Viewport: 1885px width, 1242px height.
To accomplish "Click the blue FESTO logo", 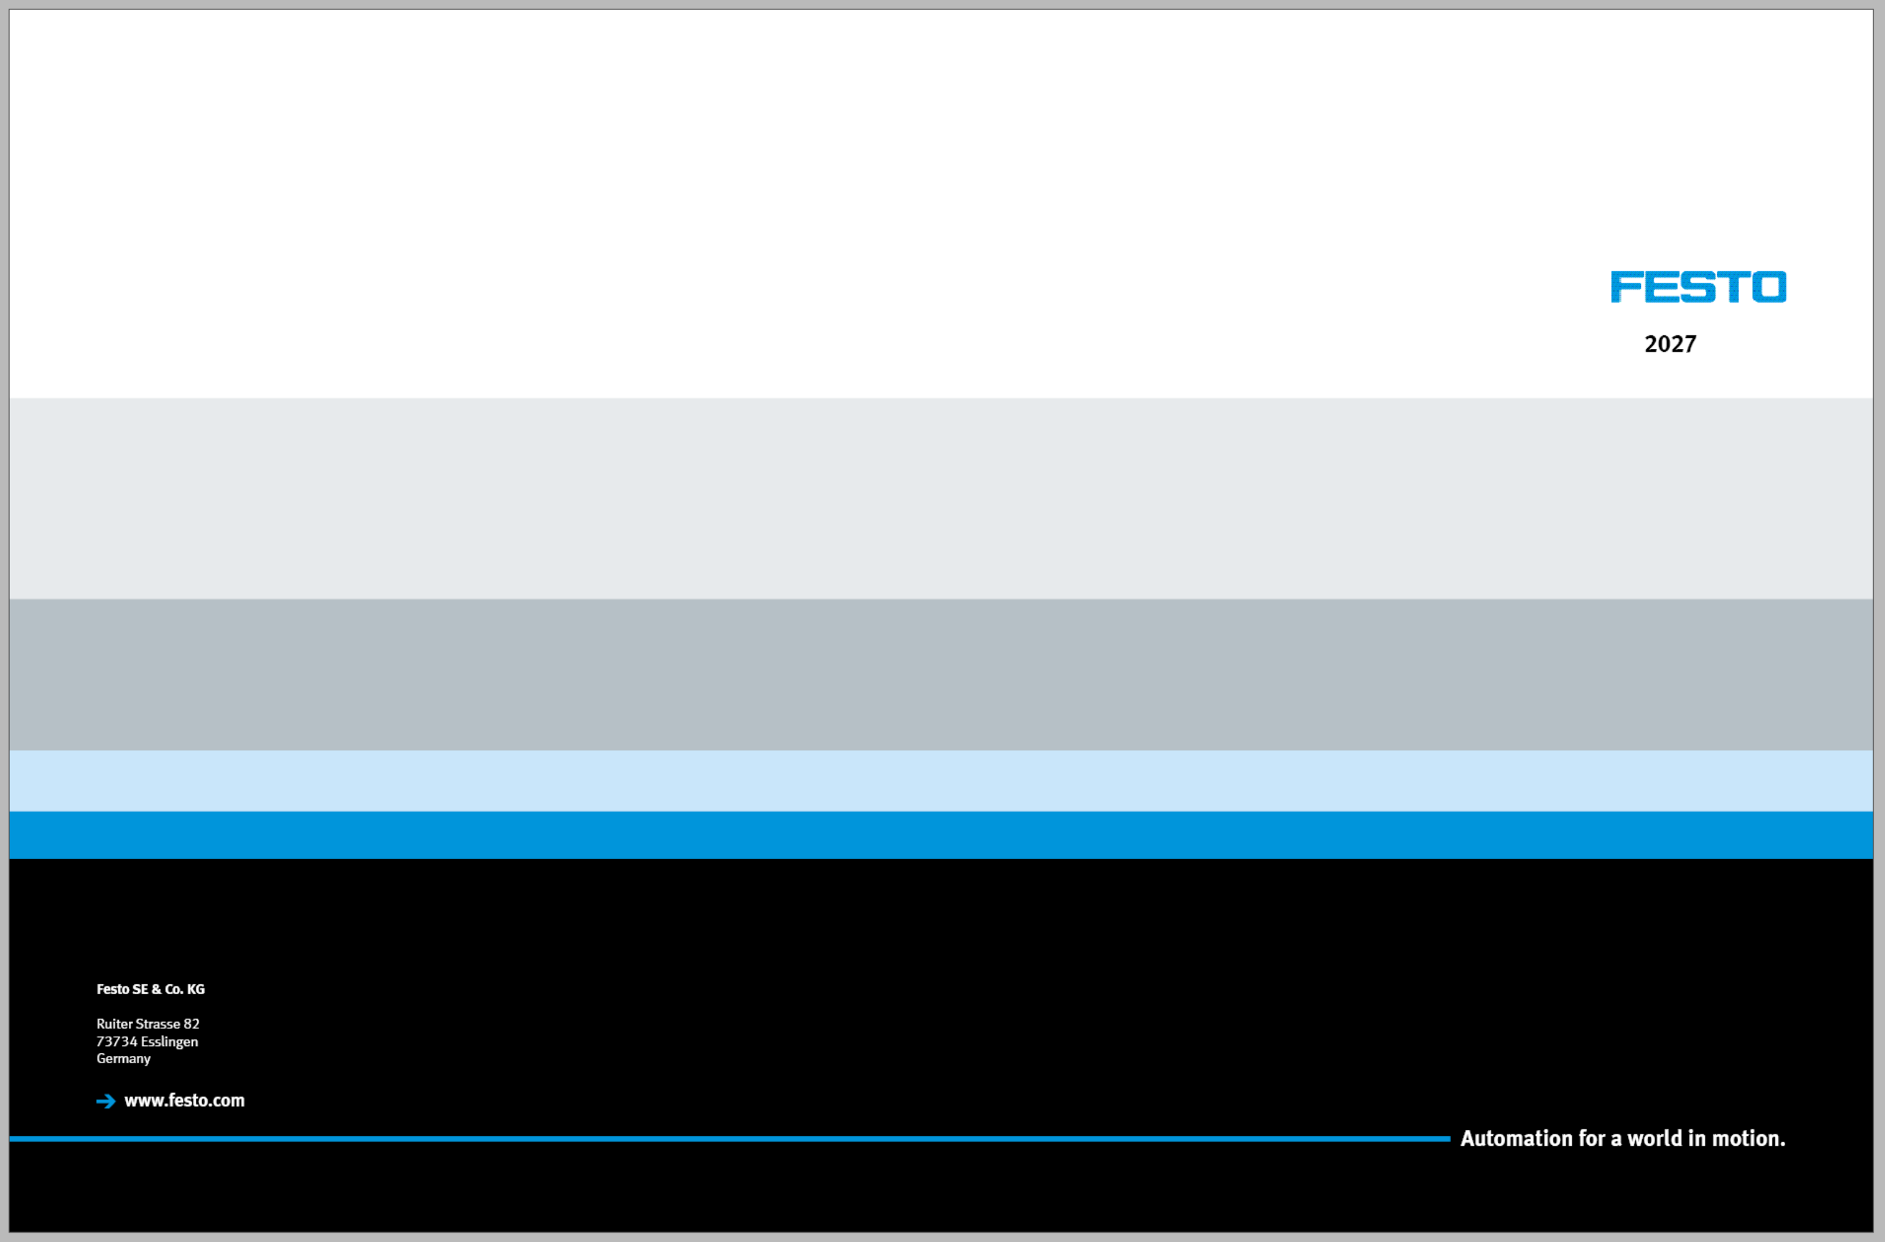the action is [x=1698, y=287].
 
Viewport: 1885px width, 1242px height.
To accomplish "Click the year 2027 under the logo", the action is [x=1670, y=344].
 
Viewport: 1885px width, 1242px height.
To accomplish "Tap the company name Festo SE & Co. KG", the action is [x=150, y=989].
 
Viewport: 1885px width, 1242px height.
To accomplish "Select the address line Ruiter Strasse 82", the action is [x=148, y=1024].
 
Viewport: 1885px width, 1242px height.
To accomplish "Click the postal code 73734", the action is [x=117, y=1042].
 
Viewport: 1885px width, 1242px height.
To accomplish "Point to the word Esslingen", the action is [x=170, y=1042].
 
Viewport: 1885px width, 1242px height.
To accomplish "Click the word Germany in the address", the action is [x=123, y=1059].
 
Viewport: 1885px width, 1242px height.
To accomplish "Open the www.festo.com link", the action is [x=184, y=1101].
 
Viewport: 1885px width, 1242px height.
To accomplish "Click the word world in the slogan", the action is [x=1654, y=1139].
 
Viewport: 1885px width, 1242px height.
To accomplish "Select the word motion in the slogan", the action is [x=1749, y=1139].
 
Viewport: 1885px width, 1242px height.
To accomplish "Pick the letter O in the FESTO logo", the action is [x=1768, y=287].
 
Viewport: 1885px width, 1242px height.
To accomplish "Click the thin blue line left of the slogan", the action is [x=729, y=1139].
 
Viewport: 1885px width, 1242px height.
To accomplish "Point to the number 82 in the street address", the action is [x=192, y=1024].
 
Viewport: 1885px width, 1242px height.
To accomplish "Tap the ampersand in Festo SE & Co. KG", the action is [x=156, y=989].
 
